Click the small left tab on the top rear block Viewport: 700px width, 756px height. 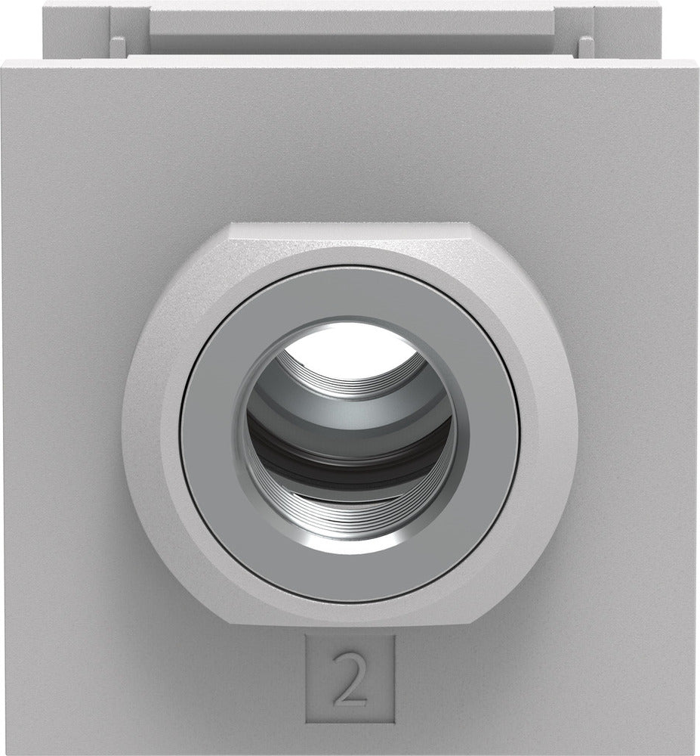tap(118, 45)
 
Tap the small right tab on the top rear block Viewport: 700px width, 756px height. tap(585, 45)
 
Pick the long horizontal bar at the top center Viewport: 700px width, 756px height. tap(350, 23)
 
